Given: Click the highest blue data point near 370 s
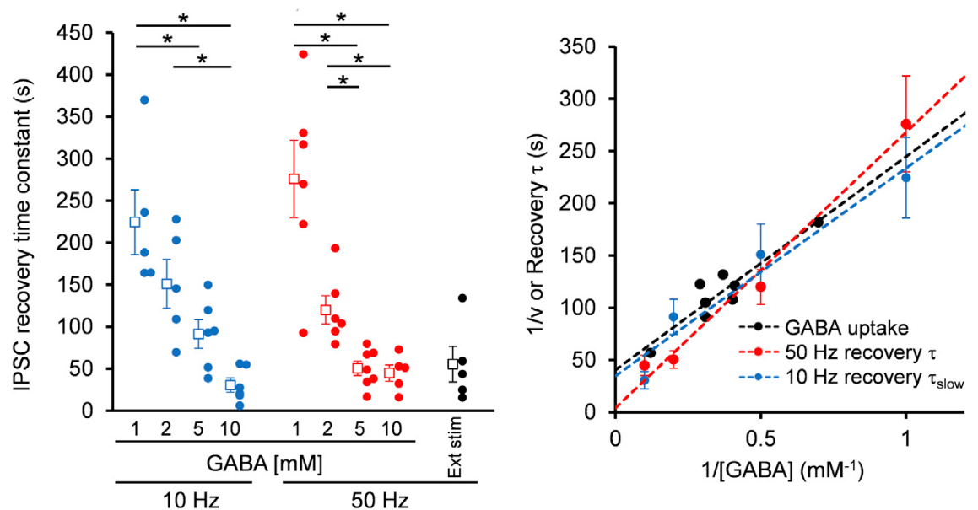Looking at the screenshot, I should click(x=144, y=99).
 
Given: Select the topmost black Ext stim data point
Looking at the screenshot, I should click(x=462, y=298).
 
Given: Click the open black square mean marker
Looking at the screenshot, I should click(x=453, y=364).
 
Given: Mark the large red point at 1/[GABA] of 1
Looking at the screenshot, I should click(x=906, y=125).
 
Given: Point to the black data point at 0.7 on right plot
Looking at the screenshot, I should click(x=819, y=222).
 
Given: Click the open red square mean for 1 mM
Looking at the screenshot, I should click(x=294, y=179).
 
